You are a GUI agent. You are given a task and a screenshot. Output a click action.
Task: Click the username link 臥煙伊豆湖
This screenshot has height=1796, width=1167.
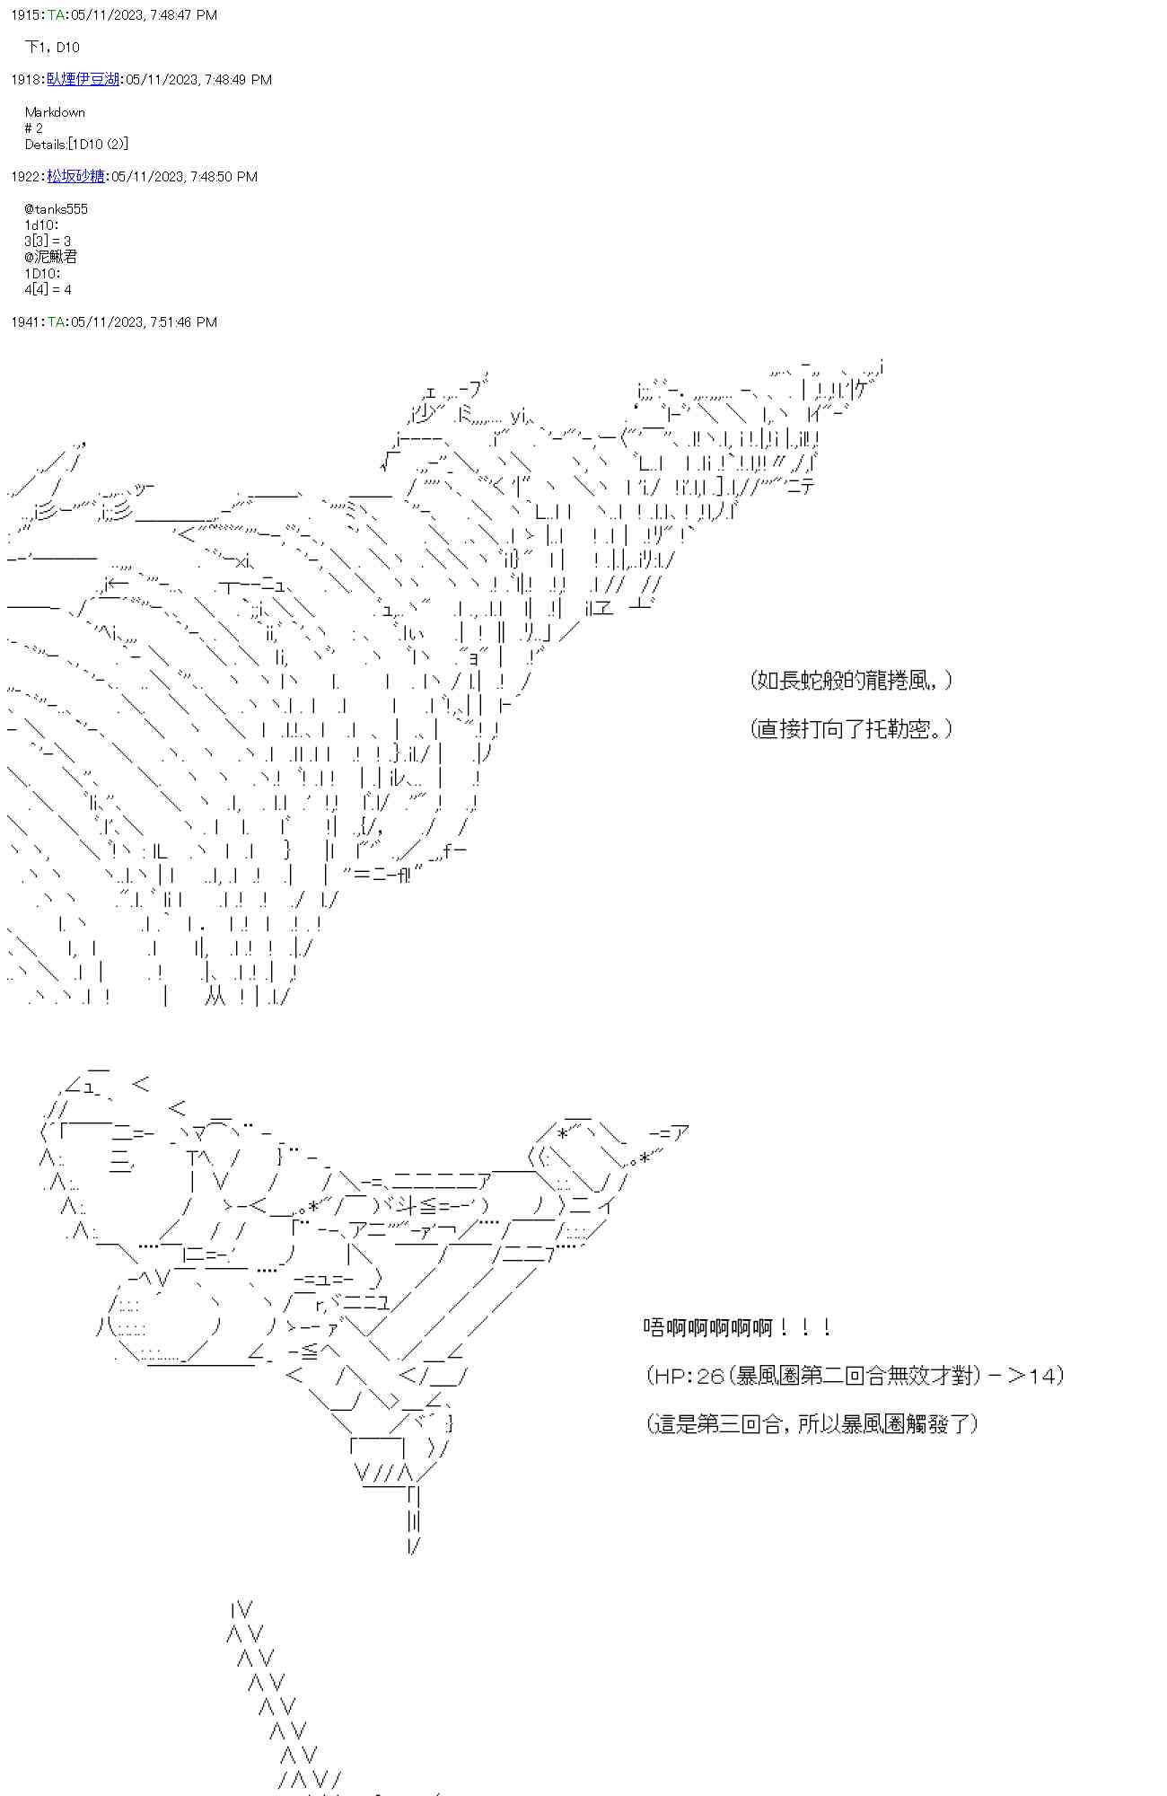(83, 80)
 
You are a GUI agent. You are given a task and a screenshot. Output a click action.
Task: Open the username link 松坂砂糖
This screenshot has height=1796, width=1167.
(75, 177)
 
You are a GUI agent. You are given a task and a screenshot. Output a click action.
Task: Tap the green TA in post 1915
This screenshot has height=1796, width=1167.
(56, 15)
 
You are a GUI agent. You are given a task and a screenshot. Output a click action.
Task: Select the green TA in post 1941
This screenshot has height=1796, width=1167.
(56, 322)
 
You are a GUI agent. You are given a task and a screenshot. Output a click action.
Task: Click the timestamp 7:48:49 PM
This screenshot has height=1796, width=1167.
(238, 80)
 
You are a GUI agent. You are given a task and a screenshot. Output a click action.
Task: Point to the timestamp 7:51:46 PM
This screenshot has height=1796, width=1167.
(183, 322)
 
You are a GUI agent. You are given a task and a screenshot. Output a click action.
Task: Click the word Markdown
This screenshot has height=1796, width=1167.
(55, 112)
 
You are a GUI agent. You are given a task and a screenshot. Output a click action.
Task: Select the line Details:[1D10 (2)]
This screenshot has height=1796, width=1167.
(76, 145)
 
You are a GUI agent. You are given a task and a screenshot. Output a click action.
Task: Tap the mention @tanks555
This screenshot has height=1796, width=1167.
(57, 209)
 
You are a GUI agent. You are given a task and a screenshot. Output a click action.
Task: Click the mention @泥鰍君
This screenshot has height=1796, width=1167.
(51, 258)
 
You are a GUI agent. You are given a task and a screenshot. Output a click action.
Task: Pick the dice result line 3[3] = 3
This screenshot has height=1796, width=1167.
(48, 242)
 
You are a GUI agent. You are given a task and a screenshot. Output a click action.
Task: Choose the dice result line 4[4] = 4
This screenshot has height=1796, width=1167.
(48, 290)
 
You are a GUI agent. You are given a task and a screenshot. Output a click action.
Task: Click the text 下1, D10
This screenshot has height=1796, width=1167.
(52, 48)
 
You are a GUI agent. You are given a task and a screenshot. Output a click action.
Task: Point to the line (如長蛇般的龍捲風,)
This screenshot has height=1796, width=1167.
(851, 681)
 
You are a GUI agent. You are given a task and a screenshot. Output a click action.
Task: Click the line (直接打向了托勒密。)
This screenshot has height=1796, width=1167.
(851, 729)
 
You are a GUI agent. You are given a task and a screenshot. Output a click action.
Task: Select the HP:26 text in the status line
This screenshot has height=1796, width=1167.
(688, 1376)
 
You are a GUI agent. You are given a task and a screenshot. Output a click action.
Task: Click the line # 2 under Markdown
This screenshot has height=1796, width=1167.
(34, 128)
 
